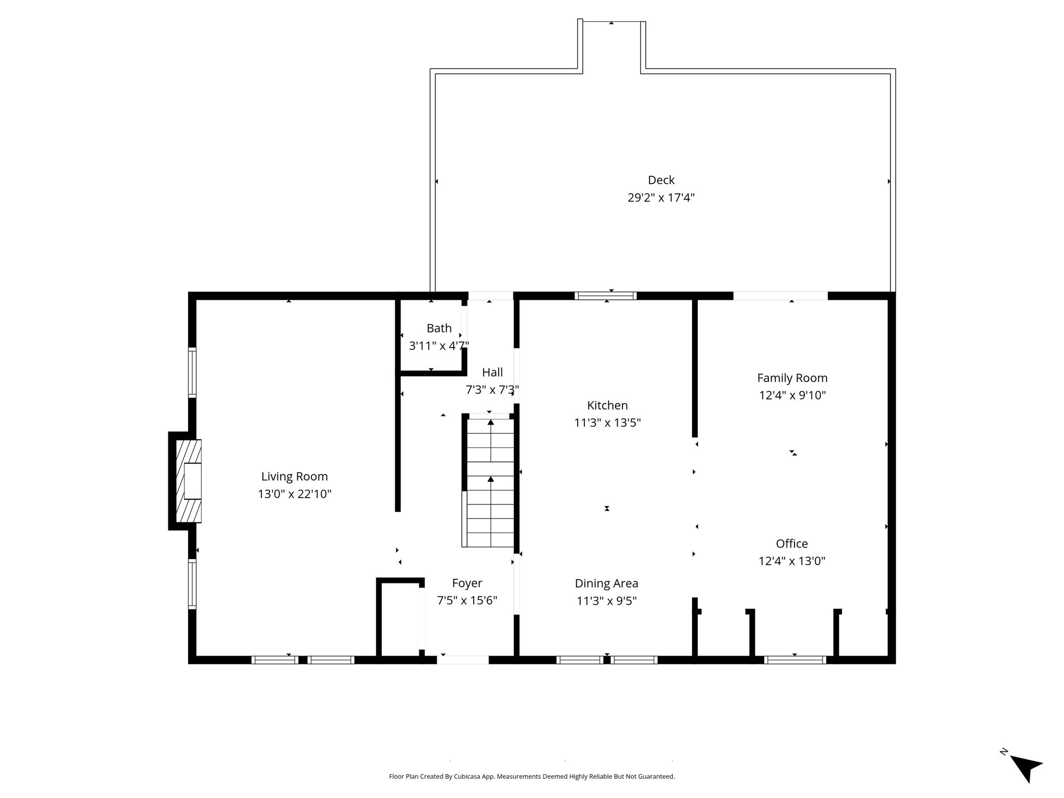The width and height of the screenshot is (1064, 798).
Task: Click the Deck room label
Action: [661, 180]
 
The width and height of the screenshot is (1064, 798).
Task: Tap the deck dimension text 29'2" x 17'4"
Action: [661, 198]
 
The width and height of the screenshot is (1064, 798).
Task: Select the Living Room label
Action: [295, 476]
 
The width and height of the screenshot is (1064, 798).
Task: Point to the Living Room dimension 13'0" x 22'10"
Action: [295, 494]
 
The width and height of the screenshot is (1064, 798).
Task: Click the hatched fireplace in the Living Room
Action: [189, 481]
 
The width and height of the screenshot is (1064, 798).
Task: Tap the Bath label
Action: [439, 328]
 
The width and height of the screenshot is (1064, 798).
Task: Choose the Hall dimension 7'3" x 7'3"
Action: [492, 390]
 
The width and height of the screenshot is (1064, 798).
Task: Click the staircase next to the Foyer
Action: [489, 481]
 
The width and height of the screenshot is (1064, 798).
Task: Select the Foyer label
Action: [467, 583]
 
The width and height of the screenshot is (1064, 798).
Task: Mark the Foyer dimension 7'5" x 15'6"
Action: [467, 601]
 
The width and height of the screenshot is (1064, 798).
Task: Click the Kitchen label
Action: [607, 405]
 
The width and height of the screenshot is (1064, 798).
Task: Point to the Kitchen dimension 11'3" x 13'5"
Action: [607, 423]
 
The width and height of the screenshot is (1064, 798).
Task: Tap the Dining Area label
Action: [606, 583]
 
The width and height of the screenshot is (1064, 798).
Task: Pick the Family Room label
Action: [792, 378]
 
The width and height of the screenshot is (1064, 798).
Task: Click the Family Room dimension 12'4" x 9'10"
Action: [792, 395]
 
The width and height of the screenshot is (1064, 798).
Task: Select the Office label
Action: [792, 543]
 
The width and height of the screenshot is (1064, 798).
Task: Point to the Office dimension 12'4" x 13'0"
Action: [792, 561]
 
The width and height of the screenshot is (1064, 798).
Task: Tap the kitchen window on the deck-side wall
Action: [606, 296]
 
